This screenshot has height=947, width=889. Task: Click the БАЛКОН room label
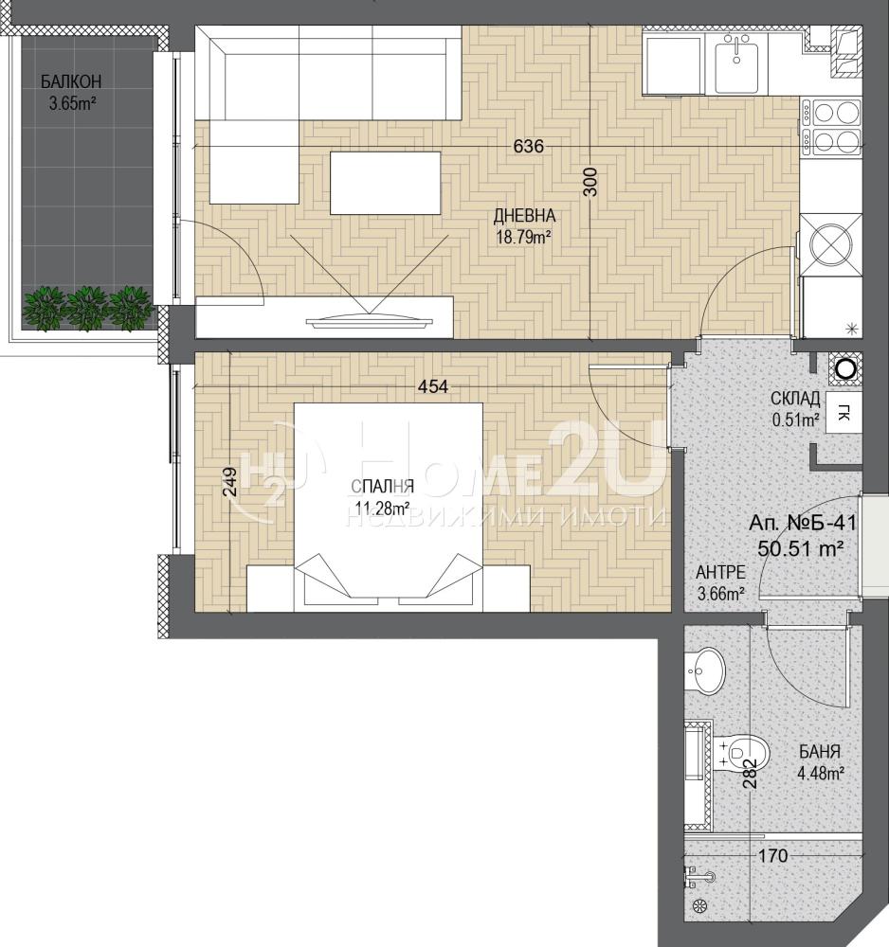coord(71,81)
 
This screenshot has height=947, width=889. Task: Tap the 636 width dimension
coord(528,146)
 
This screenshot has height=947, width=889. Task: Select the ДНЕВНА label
coord(524,215)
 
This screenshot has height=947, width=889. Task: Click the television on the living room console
coord(370,320)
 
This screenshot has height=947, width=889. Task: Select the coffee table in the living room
coord(385,183)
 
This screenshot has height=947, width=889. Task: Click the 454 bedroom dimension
coord(434,386)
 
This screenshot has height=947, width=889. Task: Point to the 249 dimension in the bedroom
coord(230,482)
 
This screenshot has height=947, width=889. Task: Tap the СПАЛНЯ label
coord(383,486)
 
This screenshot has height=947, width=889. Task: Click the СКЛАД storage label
coord(795,399)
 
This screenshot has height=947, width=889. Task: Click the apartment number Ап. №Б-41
coord(803,523)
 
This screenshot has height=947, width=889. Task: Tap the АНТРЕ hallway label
coord(720,571)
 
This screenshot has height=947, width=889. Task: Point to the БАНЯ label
coord(820,752)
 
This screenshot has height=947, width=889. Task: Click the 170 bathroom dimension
coord(772,855)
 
